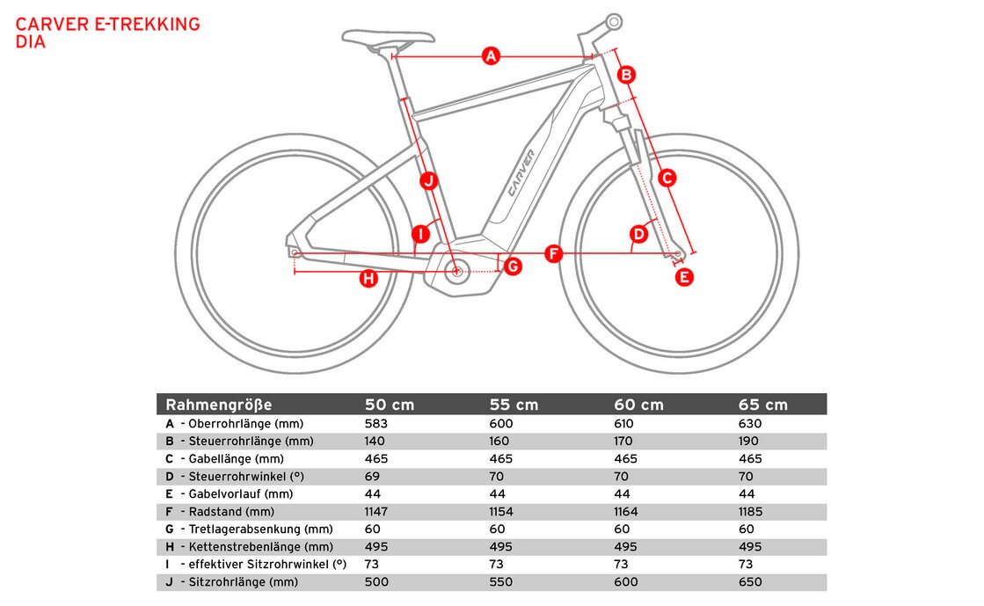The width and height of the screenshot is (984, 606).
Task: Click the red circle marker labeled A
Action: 491,57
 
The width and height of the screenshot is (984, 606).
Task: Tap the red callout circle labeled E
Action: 684,277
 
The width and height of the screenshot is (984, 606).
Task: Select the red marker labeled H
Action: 369,279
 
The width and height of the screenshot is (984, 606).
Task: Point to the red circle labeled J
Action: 428,181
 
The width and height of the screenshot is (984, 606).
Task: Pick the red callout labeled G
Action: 513,266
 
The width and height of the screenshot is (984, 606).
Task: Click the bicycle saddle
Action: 388,38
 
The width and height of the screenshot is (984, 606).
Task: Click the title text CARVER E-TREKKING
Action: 108,24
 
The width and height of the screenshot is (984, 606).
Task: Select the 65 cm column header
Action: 763,405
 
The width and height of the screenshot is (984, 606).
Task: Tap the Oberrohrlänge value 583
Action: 376,423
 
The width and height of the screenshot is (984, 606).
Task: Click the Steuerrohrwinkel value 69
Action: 372,476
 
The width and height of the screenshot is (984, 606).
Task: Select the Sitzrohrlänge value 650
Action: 750,581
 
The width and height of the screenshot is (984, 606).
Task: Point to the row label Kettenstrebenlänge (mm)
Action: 260,546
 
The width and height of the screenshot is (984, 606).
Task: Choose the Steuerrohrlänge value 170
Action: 624,441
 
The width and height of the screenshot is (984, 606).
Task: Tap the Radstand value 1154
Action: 501,511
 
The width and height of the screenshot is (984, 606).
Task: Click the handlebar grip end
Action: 613,21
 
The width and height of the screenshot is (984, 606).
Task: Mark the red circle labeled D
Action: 639,234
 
